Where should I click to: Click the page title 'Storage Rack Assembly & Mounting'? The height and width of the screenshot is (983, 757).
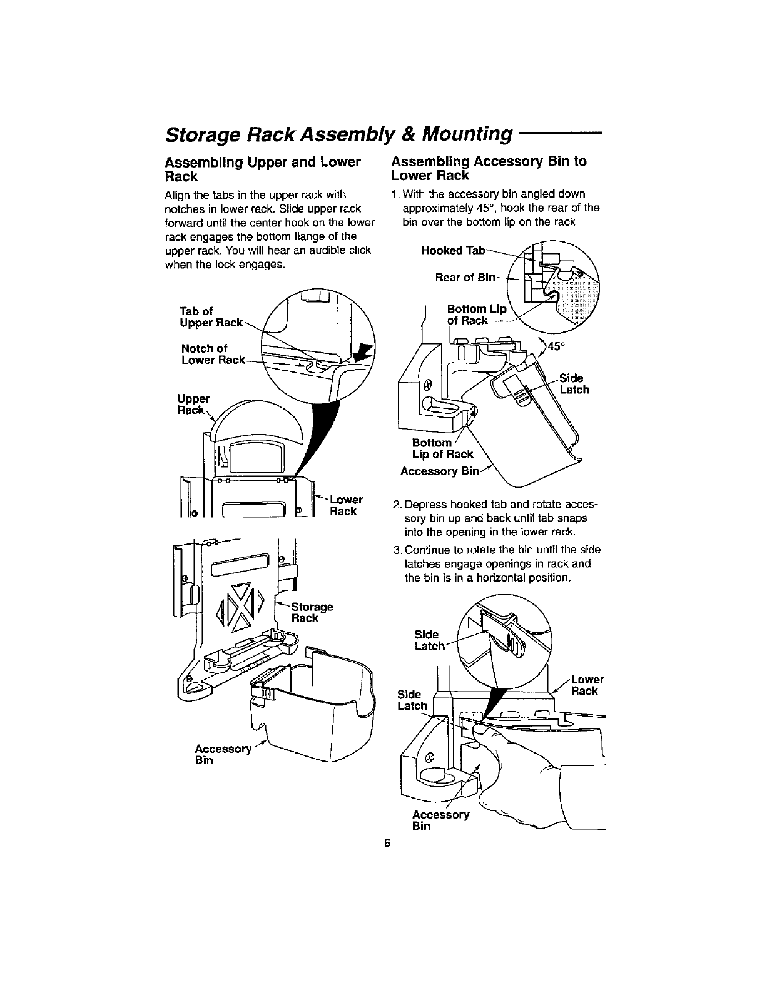point(338,133)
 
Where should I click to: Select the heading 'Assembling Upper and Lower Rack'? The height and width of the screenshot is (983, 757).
point(262,168)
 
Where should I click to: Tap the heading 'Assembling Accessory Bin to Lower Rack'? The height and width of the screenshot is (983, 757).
point(489,168)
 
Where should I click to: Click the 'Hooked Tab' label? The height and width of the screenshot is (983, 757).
point(454,250)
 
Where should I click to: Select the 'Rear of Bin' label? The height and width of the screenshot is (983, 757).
point(465,277)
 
